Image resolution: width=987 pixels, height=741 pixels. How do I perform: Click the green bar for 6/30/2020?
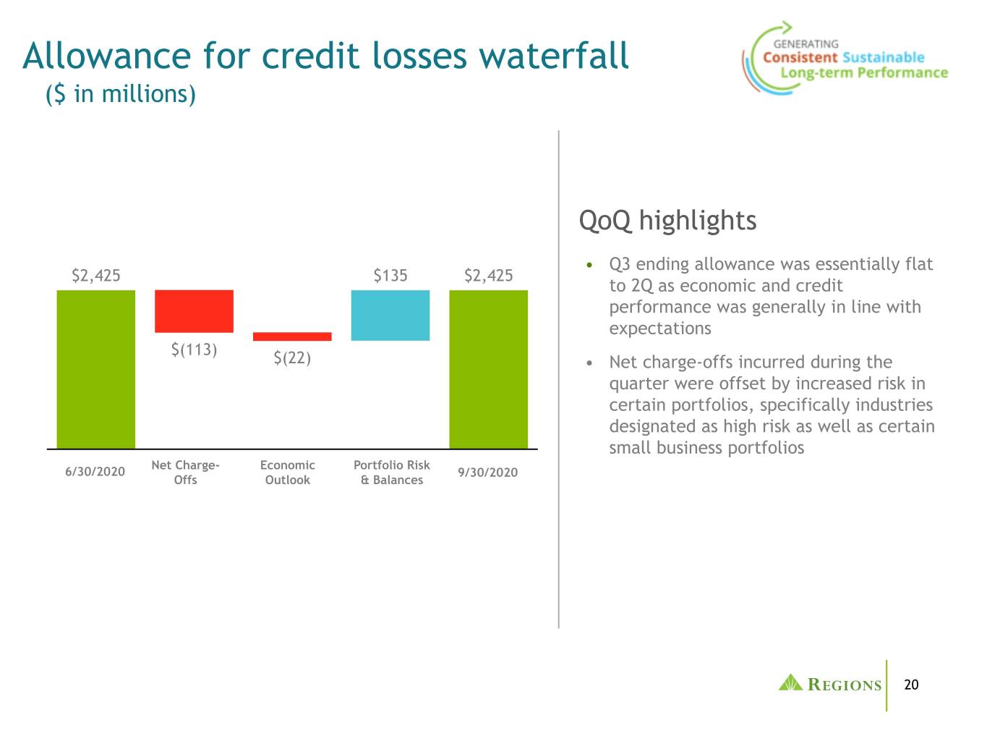(x=95, y=369)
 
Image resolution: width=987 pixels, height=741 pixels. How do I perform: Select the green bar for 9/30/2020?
(x=488, y=369)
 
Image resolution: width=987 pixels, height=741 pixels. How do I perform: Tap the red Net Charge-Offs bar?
(x=194, y=311)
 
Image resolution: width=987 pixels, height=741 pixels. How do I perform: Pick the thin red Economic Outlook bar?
(x=292, y=336)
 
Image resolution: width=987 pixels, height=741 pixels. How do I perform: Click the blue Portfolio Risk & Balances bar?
(x=390, y=316)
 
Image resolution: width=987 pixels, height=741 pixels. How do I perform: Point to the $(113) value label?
(x=195, y=350)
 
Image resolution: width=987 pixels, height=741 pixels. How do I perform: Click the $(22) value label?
(x=292, y=357)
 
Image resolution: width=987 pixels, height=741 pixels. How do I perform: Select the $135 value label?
(x=390, y=276)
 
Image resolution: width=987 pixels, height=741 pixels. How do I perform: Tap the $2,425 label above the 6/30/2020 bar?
(x=96, y=276)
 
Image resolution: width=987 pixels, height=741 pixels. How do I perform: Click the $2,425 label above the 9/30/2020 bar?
(x=488, y=276)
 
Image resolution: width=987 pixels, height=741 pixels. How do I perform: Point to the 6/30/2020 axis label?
(x=95, y=472)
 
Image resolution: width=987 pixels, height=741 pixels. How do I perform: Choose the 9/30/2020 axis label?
(x=488, y=473)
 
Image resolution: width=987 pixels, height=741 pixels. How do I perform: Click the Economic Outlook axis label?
(x=288, y=473)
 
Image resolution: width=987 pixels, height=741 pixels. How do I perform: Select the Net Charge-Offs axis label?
(x=185, y=473)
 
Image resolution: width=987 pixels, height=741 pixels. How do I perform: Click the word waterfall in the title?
(x=554, y=56)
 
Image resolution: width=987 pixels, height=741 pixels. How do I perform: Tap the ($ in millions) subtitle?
(x=121, y=95)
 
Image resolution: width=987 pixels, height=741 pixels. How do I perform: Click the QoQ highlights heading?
(x=667, y=221)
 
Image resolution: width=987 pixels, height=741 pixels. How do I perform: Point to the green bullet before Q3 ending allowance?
(x=589, y=265)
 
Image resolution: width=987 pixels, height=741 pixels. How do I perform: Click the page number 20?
(x=911, y=685)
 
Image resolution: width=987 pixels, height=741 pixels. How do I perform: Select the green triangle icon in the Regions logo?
(x=790, y=682)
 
